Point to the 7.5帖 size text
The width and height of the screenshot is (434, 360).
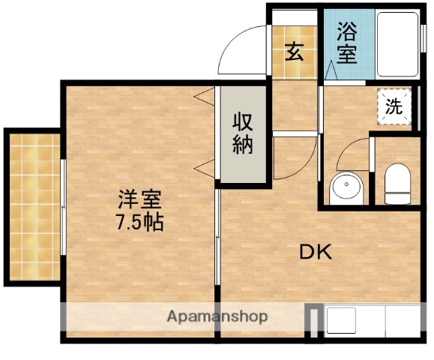pyautogui.click(x=139, y=223)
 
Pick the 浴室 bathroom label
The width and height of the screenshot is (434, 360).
pyautogui.click(x=346, y=43)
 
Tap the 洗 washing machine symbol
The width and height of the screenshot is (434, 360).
pyautogui.click(x=394, y=106)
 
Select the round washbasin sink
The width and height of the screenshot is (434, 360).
pyautogui.click(x=346, y=187)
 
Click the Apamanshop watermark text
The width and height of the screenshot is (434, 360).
pyautogui.click(x=217, y=316)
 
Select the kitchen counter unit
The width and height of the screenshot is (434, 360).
pyautogui.click(x=367, y=321)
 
